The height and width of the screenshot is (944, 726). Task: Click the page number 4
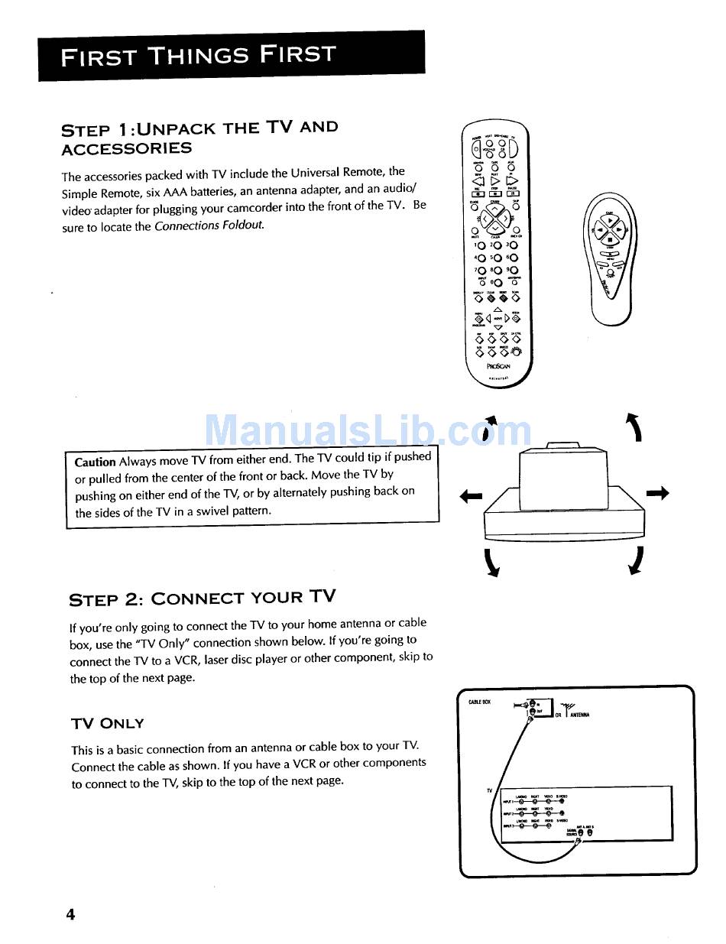(70, 914)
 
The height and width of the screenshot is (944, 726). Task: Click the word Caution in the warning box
(95, 462)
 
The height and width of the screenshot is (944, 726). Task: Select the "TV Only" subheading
(107, 723)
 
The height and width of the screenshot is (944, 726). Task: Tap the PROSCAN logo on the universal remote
(498, 365)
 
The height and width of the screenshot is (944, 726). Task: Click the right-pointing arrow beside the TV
(657, 494)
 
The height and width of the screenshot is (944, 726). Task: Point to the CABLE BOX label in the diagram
(480, 701)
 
